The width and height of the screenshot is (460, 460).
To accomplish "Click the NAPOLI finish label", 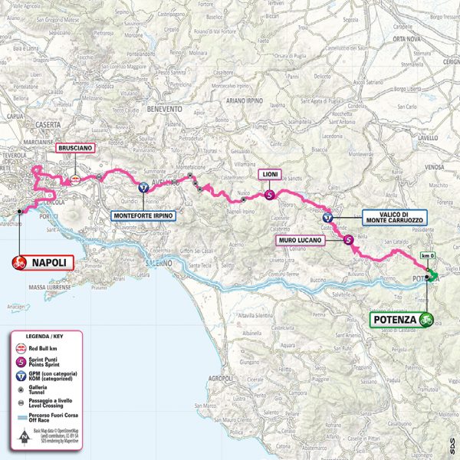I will click(47, 263).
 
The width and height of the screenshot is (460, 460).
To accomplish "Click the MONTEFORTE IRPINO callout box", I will click(143, 216).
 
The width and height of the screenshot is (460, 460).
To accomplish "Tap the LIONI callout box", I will click(269, 174).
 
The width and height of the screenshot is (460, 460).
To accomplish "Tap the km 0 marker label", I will click(427, 256).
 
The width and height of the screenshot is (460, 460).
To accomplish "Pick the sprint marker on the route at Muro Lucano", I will click(350, 240).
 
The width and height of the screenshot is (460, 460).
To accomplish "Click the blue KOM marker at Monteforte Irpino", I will click(143, 187).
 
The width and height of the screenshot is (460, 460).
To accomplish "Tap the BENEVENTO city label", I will click(161, 109).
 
